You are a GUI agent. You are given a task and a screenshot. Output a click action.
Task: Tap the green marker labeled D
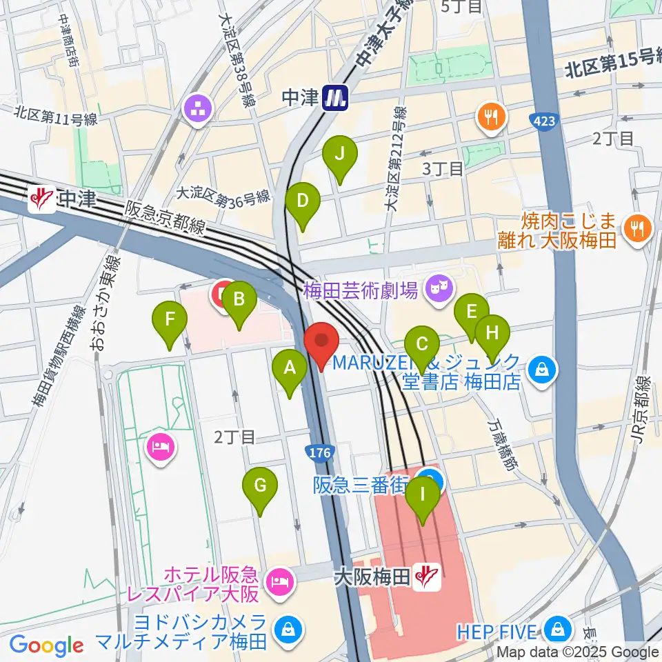click(303, 201)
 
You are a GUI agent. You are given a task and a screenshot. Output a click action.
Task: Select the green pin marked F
click(170, 320)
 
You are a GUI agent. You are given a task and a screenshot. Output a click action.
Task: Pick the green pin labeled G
click(260, 485)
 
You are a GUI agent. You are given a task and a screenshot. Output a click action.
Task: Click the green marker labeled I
click(423, 496)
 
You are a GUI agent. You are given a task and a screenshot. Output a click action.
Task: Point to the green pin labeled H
click(492, 334)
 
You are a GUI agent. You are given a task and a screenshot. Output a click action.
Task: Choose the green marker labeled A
click(290, 368)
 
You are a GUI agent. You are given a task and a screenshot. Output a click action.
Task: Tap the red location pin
click(321, 342)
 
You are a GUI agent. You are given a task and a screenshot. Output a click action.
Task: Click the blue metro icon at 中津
click(336, 99)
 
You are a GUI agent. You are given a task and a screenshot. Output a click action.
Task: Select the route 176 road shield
click(321, 452)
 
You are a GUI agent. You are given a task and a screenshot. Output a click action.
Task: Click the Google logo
click(46, 645)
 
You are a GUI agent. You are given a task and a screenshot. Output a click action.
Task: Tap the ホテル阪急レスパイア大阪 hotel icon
click(281, 581)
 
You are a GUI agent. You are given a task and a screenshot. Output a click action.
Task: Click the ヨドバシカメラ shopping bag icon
click(284, 629)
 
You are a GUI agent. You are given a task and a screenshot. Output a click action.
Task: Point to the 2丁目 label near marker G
click(235, 437)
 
